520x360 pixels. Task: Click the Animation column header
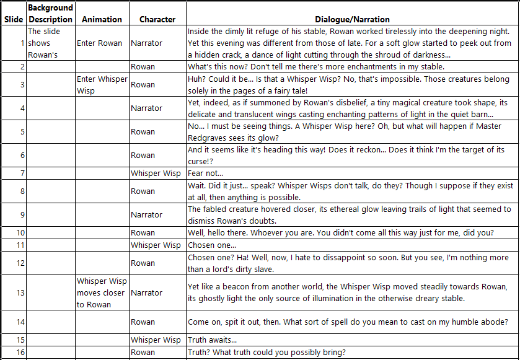102,19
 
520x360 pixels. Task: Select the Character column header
157,19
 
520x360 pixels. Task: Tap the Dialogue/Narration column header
352,19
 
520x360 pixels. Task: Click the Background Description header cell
50,13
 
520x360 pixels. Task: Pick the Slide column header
14,19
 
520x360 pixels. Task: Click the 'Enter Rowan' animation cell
100,43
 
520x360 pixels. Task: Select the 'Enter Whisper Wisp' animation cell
102,85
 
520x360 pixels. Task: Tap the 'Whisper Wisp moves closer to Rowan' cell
102,292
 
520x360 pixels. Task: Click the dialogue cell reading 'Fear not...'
205,173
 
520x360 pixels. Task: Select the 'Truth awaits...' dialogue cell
212,340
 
